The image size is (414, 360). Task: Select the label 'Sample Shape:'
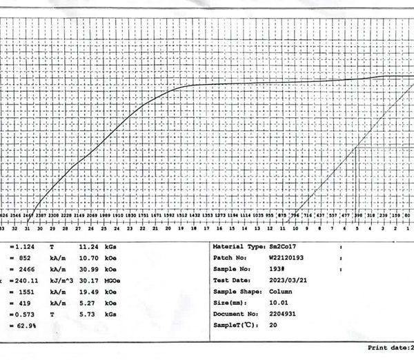click(x=235, y=292)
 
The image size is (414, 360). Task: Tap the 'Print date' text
click(x=388, y=349)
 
